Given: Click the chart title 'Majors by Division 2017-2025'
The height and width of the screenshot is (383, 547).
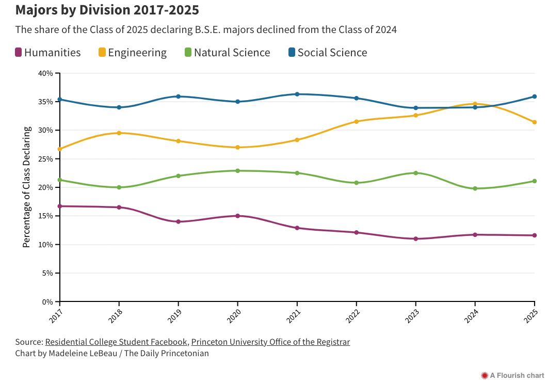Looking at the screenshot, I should point(107,10).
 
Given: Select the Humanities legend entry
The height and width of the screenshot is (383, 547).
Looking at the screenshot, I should point(48,53).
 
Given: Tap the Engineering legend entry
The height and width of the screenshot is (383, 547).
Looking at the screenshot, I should point(133,53).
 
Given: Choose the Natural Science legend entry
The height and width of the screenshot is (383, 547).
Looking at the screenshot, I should point(227,53).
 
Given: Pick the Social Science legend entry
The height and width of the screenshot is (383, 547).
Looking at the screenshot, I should point(328,53).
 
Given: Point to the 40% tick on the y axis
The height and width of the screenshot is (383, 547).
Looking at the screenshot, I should point(45,73).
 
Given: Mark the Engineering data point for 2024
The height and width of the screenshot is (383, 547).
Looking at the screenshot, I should point(475,104).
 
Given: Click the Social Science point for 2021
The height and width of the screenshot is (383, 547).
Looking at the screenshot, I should point(297,94).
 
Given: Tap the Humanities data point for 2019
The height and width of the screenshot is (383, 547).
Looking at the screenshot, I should point(178,221).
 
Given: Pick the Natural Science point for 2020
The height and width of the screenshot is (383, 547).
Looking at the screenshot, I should point(237,170).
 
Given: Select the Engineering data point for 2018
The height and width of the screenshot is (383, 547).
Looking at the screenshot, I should point(119,133).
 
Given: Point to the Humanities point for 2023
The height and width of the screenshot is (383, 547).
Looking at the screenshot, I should point(415,238).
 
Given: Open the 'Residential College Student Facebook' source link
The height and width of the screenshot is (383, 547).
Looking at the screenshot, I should point(116,342).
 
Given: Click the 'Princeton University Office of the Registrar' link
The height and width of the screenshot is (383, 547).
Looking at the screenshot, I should point(270,342).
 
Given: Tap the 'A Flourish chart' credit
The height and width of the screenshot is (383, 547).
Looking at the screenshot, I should point(512,375).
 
